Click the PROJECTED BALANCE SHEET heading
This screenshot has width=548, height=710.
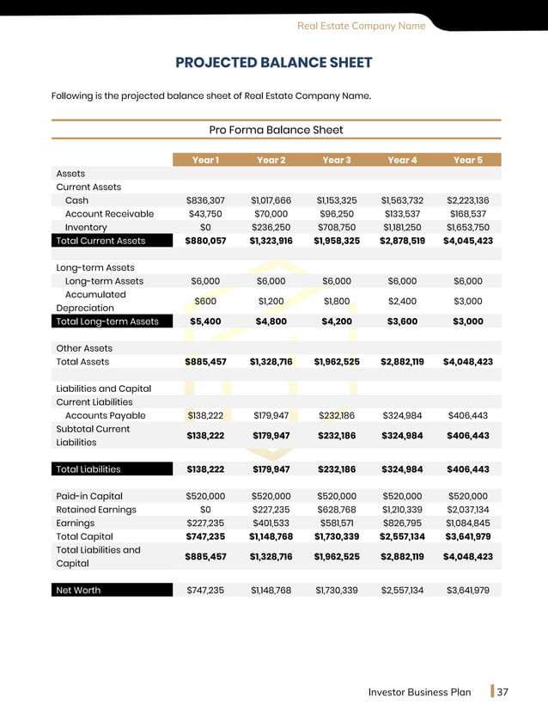(x=274, y=63)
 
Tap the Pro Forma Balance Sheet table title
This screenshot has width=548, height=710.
(x=276, y=130)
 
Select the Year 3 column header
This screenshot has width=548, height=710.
(x=336, y=160)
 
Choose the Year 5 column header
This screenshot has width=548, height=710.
(x=467, y=160)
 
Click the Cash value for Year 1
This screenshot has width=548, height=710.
(x=205, y=200)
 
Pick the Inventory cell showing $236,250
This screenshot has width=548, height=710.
(x=271, y=228)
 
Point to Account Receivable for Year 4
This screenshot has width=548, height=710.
(x=402, y=214)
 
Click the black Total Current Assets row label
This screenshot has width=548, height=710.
(x=100, y=241)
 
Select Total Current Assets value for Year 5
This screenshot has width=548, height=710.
(x=467, y=241)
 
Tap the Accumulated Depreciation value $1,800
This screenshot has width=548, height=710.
(x=336, y=302)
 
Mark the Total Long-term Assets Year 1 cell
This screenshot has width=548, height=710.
(x=205, y=321)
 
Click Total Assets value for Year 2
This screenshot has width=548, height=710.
(x=271, y=362)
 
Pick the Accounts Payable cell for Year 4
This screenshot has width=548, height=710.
(x=402, y=416)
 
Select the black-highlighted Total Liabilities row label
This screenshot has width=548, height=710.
(x=88, y=469)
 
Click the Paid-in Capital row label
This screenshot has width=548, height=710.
(x=89, y=496)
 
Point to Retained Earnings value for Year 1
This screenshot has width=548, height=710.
(x=205, y=510)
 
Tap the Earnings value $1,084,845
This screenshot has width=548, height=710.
(x=467, y=523)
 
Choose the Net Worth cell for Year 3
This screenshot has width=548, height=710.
(x=336, y=591)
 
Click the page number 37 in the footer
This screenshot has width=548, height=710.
(x=503, y=692)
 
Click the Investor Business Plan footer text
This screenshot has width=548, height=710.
(x=419, y=692)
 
